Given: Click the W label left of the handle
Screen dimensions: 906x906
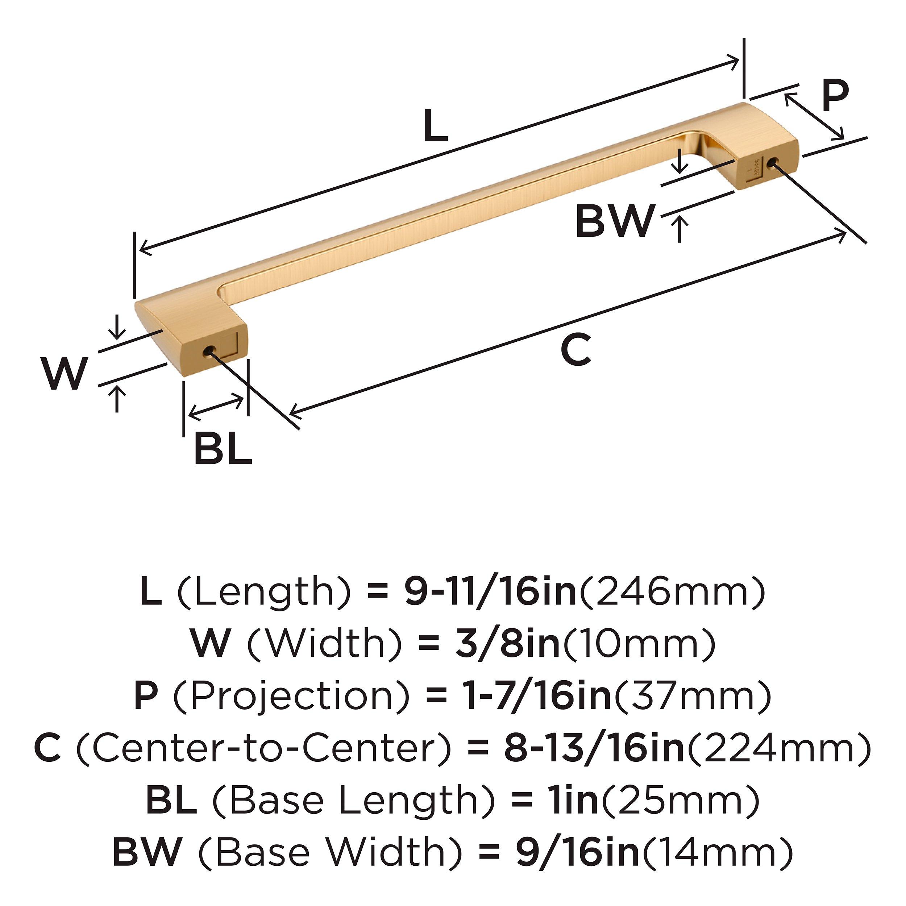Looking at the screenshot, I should pos(64,374).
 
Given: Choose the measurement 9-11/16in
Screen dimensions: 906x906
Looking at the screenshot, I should pos(490,592).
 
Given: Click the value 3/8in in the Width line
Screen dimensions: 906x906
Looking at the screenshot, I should pos(507,644).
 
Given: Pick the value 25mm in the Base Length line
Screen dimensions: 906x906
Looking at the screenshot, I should pos(680,801).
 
